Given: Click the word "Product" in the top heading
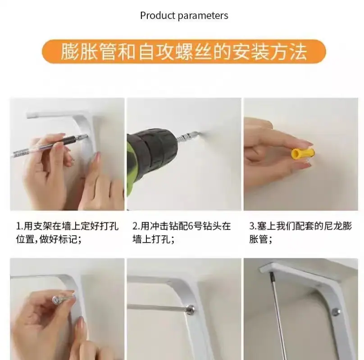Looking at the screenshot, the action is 158,16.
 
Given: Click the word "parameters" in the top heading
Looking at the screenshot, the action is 203,16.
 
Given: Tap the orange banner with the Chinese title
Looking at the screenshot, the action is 184,51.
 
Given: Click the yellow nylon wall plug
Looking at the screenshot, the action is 302,153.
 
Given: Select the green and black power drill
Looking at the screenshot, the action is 151,158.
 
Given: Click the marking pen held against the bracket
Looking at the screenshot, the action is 49,146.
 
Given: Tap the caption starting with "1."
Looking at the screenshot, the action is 67,233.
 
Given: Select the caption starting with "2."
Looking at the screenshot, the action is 182,233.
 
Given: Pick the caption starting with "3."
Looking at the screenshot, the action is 300,233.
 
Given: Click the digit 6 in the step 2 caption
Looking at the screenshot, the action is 191,226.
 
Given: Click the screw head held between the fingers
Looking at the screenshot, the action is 56,300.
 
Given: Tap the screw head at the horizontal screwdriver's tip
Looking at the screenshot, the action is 190,309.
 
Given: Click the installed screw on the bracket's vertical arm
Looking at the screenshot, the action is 336,312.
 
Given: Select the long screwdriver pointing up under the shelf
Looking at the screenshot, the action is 278,315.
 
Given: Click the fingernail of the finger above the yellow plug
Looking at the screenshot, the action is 306,143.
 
